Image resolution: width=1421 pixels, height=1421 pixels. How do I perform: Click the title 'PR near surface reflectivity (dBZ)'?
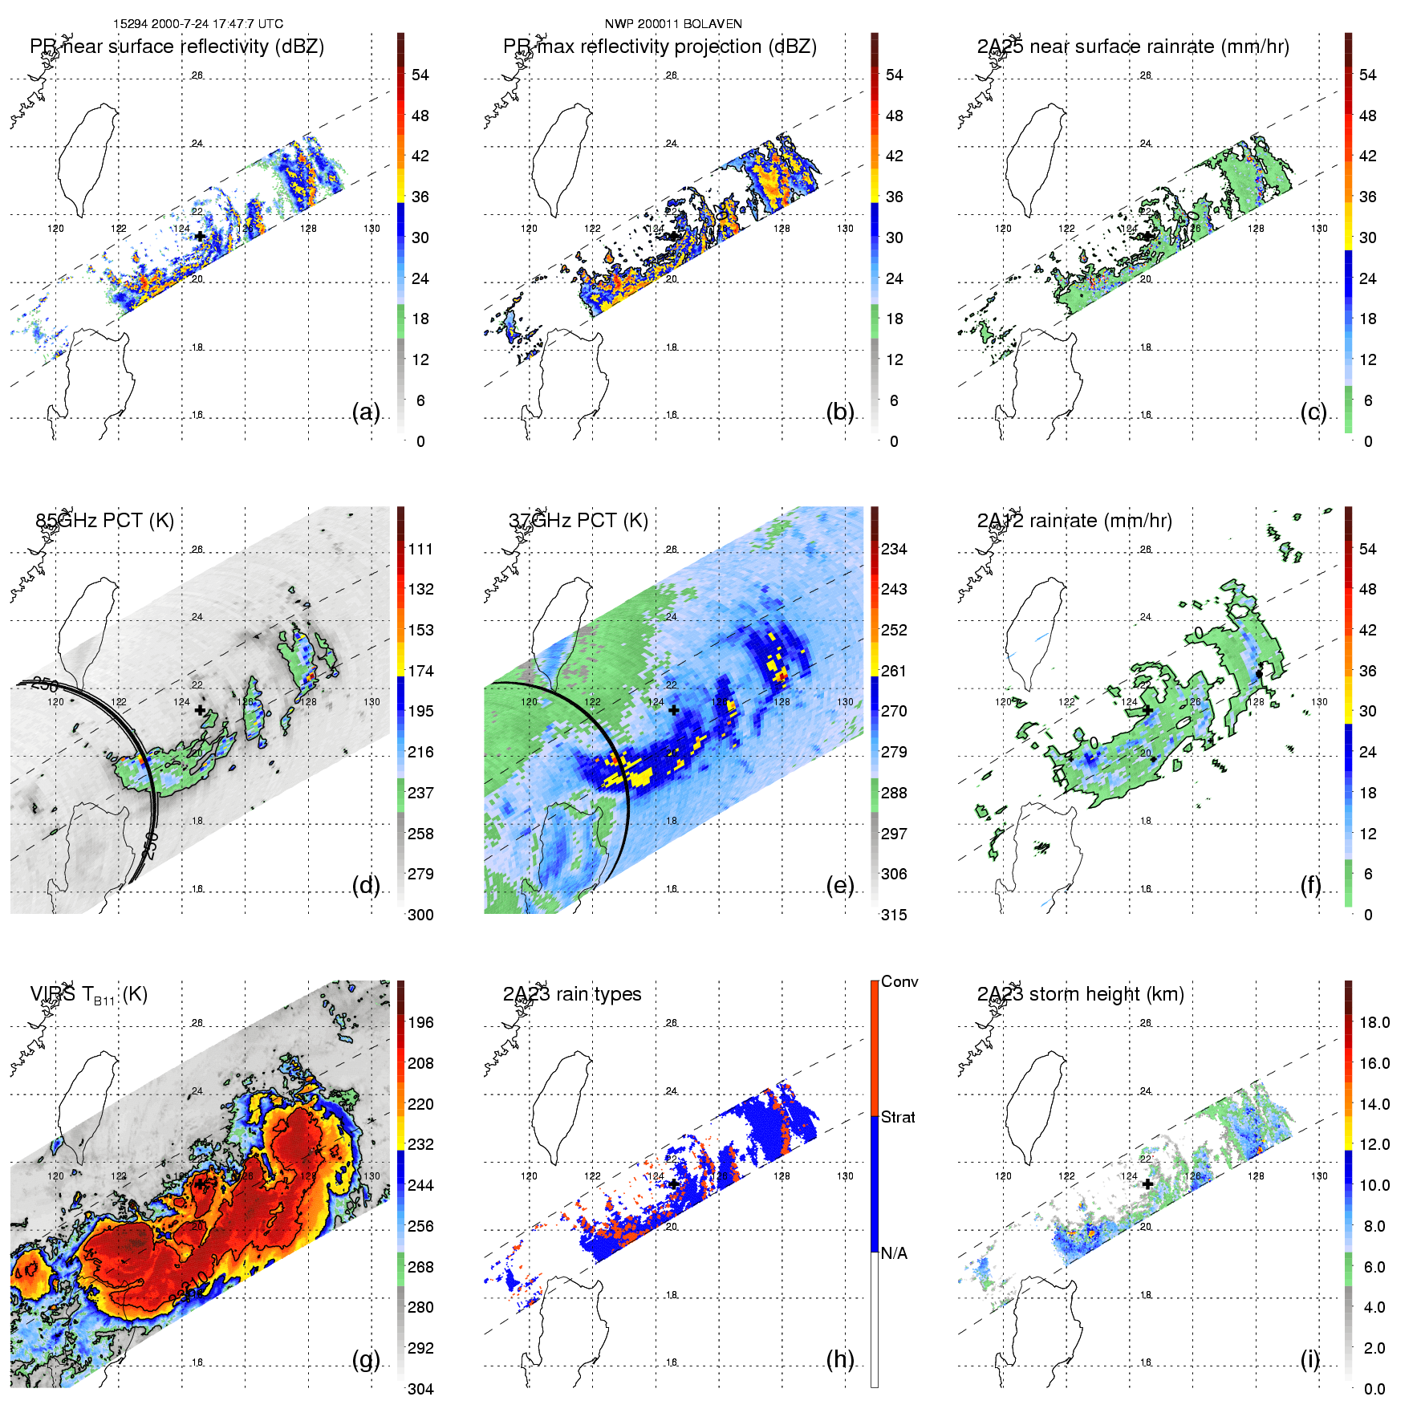[x=177, y=47]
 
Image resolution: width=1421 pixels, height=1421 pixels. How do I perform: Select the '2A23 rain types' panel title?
[x=571, y=994]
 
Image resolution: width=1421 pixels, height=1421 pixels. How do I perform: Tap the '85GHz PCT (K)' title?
[x=104, y=521]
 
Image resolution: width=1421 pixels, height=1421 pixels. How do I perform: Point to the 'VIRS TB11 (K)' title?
[x=88, y=995]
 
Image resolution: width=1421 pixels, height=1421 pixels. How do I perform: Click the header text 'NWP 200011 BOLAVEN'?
[x=672, y=24]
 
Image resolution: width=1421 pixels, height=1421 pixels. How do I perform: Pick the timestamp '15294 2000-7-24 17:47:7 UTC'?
[x=197, y=24]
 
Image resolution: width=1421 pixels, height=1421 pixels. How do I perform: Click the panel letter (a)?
[x=366, y=412]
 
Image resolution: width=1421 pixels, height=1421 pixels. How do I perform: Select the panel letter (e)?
[x=839, y=886]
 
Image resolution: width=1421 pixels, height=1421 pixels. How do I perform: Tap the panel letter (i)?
[x=1309, y=1359]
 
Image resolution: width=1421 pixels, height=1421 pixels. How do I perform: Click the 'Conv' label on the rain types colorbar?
[x=899, y=981]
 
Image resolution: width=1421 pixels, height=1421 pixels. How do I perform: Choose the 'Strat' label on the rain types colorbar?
[x=897, y=1117]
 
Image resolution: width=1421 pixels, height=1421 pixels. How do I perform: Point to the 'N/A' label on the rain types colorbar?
[x=894, y=1253]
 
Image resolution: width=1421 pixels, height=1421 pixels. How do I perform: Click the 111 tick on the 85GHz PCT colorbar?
[x=420, y=549]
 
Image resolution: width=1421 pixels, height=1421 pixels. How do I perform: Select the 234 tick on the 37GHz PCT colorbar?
[x=894, y=549]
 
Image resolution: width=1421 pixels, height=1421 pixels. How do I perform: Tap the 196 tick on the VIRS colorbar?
[x=420, y=1022]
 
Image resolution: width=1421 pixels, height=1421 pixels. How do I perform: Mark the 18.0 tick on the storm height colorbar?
[x=1374, y=1022]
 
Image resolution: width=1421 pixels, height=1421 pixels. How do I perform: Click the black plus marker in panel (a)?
[x=200, y=236]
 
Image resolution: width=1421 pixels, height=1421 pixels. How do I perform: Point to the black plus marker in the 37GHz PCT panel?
[x=673, y=710]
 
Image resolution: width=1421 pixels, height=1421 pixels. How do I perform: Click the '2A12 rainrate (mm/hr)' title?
[x=1074, y=521]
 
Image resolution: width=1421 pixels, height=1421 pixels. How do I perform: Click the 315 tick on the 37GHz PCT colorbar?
[x=894, y=915]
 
